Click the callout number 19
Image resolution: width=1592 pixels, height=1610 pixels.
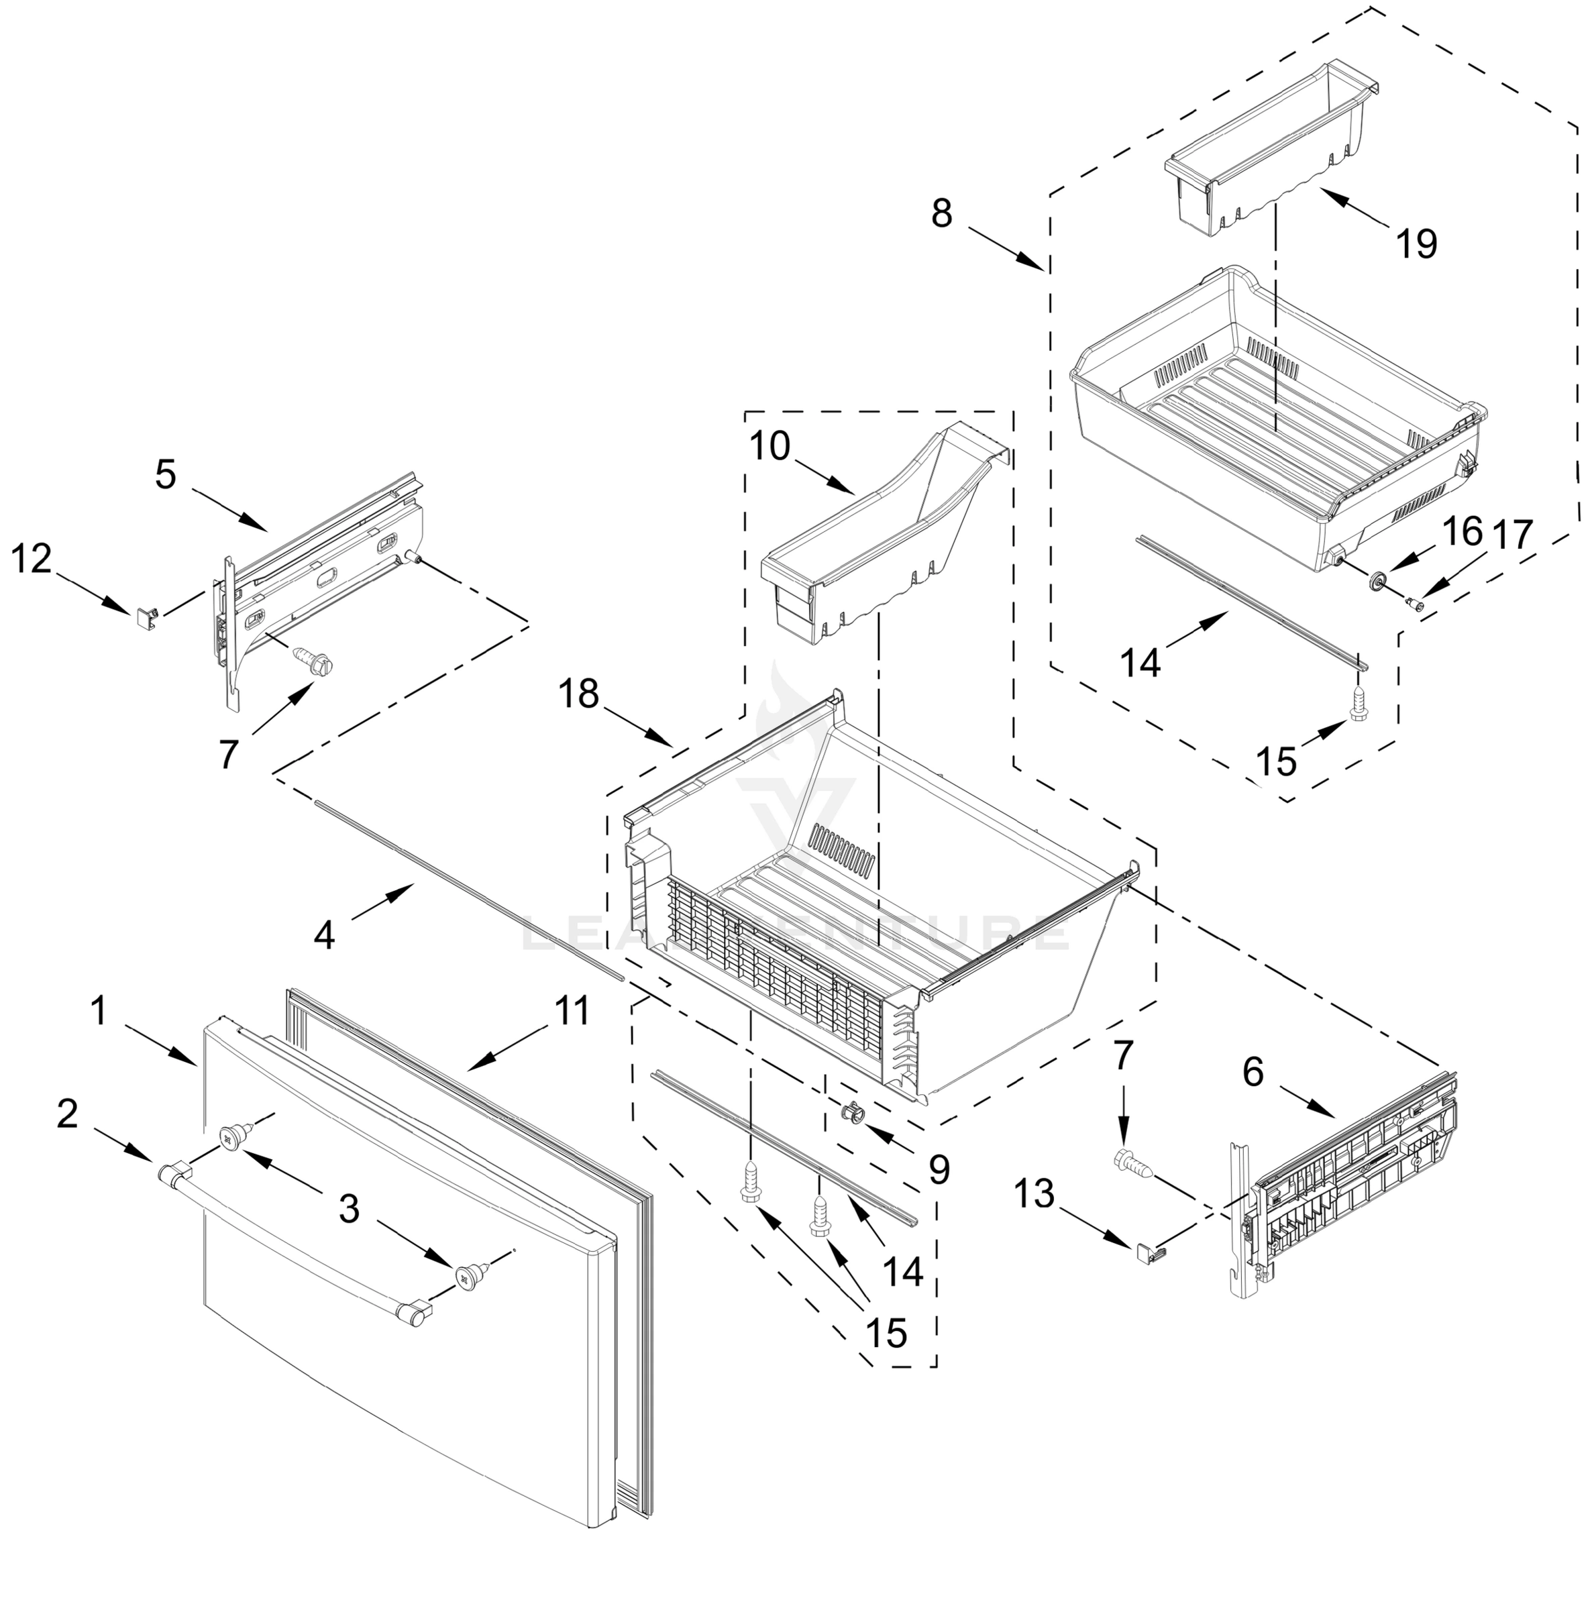pyautogui.click(x=1416, y=244)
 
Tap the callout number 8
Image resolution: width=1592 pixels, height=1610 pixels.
pyautogui.click(x=941, y=213)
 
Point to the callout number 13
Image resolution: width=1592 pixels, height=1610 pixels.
pyautogui.click(x=1034, y=1194)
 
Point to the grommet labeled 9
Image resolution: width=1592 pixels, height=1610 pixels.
pyautogui.click(x=851, y=1111)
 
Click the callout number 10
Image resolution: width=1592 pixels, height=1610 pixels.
pyautogui.click(x=770, y=447)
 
